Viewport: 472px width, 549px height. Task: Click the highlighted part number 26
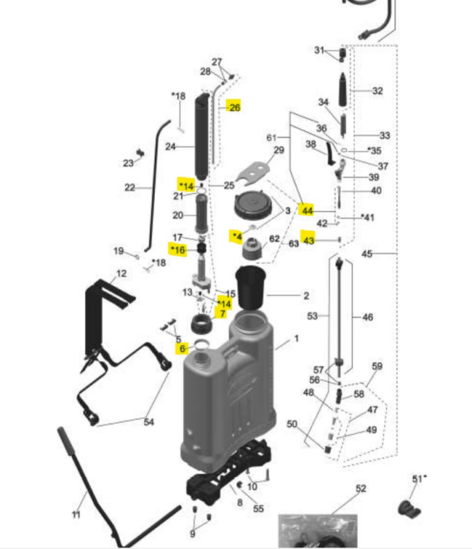click(234, 106)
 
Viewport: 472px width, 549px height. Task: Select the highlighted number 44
click(307, 211)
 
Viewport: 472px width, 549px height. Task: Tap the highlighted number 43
click(308, 240)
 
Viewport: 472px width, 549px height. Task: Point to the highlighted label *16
click(178, 250)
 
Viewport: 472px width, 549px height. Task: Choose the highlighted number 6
click(182, 348)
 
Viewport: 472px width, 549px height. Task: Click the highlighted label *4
click(236, 236)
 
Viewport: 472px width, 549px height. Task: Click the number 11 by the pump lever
click(76, 514)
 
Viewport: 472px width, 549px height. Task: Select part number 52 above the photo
click(360, 488)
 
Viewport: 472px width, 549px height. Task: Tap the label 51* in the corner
click(419, 478)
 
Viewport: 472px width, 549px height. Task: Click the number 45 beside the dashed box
click(367, 254)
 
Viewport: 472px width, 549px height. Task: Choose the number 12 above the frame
click(121, 273)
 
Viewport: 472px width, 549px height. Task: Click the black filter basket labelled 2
click(252, 288)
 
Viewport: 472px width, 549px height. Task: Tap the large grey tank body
click(228, 402)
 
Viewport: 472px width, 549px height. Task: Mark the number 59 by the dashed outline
click(377, 366)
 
